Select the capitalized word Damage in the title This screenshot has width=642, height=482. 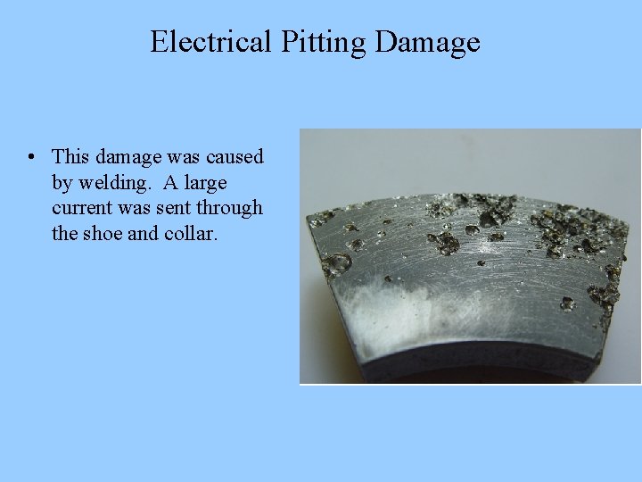tap(428, 42)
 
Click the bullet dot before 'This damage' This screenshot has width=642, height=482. tap(31, 157)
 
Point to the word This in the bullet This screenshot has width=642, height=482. tap(70, 157)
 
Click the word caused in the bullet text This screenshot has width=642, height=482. tap(235, 157)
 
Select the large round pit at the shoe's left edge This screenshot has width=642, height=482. tap(337, 263)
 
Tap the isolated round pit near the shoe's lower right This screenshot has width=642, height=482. tap(568, 303)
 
